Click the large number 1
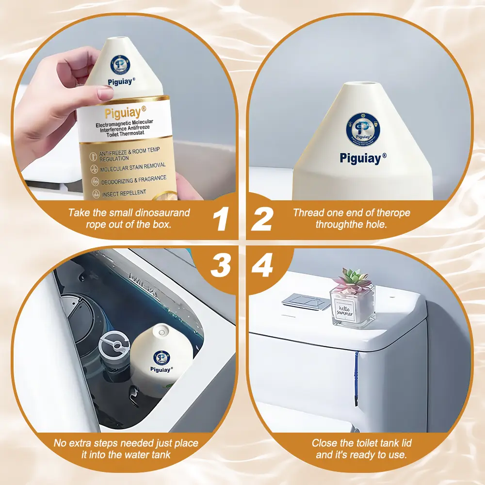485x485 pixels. [221, 218]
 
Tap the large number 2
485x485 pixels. [262, 218]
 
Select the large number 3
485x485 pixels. [221, 266]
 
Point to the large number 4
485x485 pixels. [262, 266]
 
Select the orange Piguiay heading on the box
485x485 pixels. [123, 113]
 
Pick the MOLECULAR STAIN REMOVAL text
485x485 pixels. [132, 167]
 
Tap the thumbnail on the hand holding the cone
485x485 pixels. [105, 93]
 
